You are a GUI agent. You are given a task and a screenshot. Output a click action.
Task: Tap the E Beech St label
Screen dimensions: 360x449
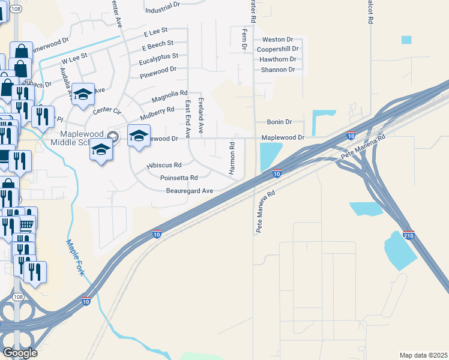pos(157,44)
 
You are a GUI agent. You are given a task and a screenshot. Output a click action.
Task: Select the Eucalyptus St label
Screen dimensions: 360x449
pos(158,56)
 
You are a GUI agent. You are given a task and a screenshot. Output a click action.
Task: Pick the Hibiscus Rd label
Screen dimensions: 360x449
pos(164,165)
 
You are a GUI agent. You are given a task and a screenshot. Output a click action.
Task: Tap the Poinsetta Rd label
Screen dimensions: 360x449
pos(179,178)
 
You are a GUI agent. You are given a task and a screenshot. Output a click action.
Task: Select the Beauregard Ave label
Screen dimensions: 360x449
pos(190,191)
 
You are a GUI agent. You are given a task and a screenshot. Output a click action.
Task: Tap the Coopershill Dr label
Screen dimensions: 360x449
pos(277,49)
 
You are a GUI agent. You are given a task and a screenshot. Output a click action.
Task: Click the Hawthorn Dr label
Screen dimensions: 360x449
pos(278,59)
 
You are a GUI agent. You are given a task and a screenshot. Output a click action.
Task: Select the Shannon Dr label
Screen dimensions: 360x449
pos(277,70)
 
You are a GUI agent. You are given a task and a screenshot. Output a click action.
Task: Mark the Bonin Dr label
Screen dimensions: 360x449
pos(280,122)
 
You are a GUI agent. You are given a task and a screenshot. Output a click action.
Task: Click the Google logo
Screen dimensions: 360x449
pos(20,353)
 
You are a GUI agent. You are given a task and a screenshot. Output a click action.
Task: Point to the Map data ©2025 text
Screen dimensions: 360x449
pos(423,355)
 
